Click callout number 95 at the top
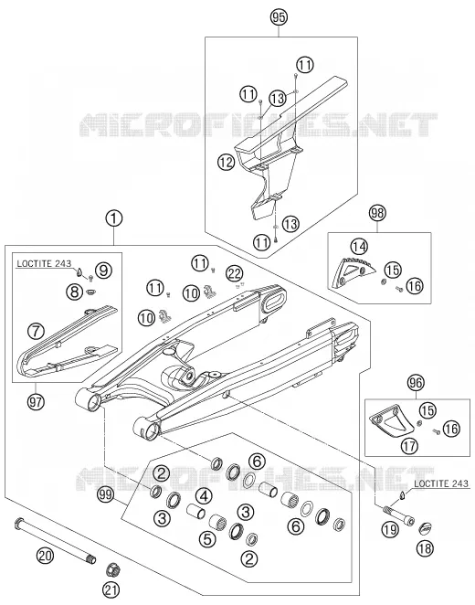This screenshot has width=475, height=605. point(279,17)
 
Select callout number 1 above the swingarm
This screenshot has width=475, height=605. point(113,219)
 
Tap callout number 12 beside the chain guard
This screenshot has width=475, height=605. point(227,162)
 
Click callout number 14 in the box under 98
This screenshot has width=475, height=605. point(359,247)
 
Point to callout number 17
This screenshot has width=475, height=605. point(409,446)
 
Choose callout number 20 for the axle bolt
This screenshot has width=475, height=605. point(46,556)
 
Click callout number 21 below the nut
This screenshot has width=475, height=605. point(111,589)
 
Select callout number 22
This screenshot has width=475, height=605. point(235,274)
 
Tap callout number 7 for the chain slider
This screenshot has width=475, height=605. point(37,332)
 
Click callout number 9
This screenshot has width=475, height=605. point(103,271)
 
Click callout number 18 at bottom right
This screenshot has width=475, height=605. point(426,548)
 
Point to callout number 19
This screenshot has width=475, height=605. point(390,529)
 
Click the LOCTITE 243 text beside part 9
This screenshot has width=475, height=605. point(44,263)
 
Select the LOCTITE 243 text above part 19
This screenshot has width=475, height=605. point(441,483)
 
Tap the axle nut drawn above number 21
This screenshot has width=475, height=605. point(112,569)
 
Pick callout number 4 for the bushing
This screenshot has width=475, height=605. point(205,496)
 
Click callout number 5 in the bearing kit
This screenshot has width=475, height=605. point(208,538)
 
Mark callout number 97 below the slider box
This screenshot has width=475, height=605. point(36,402)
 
